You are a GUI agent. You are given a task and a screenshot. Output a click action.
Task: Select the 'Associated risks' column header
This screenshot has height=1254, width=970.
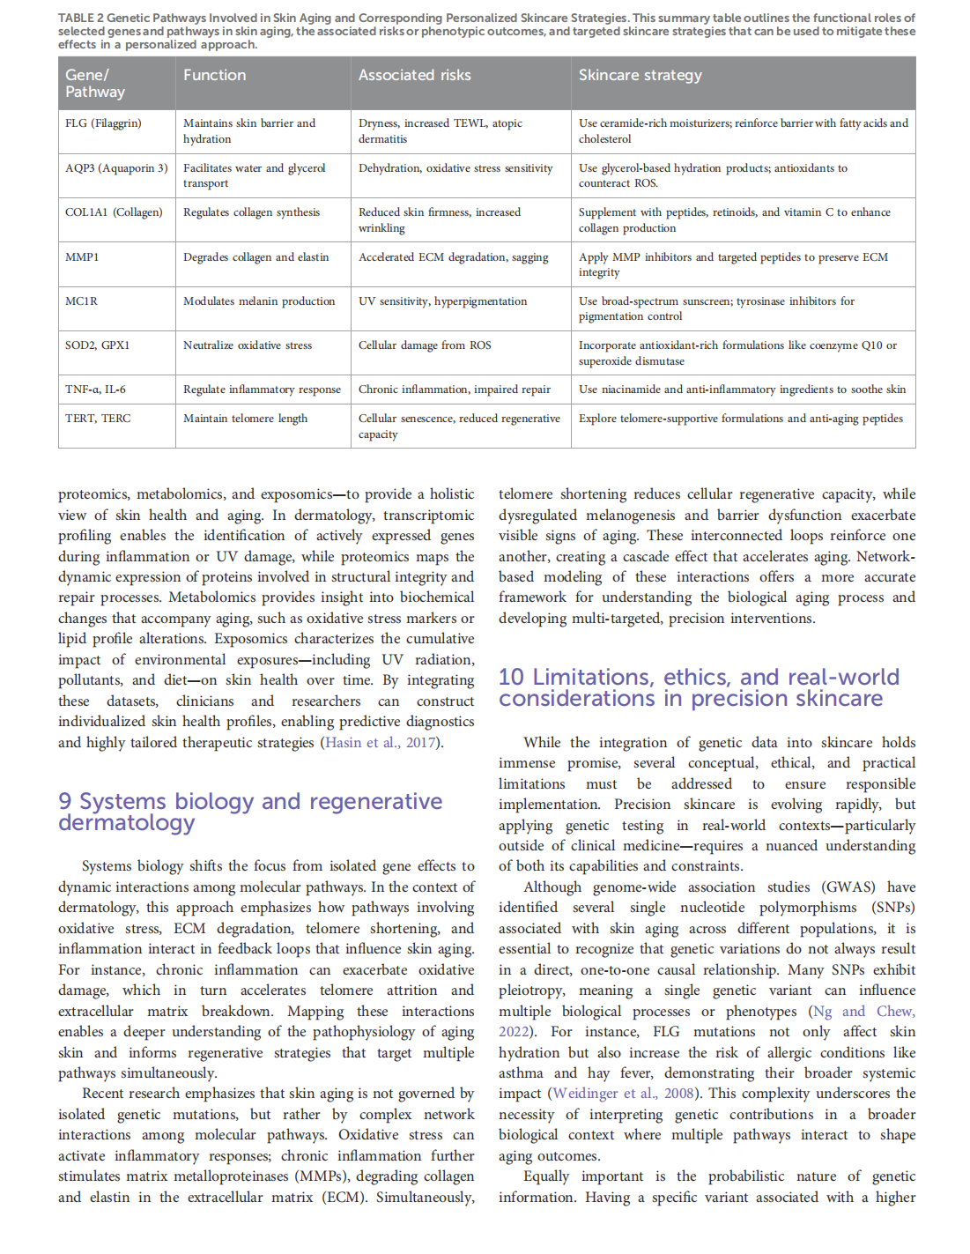pos(414,75)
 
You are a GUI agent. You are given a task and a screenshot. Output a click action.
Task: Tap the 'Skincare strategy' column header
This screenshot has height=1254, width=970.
pos(640,75)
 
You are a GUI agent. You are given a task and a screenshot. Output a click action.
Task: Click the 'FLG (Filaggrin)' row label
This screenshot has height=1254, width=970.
pos(103,123)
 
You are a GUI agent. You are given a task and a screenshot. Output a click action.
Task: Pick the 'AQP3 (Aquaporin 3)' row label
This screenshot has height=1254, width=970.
pos(116,168)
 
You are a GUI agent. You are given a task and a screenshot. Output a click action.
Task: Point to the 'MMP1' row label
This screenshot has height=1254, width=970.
pos(82,257)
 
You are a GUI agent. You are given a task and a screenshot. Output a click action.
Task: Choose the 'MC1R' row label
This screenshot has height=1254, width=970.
pos(81,301)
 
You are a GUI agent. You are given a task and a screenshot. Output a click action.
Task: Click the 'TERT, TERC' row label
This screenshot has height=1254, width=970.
pos(98,419)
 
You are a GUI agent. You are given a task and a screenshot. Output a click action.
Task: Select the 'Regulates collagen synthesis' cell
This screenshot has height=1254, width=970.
pos(251,212)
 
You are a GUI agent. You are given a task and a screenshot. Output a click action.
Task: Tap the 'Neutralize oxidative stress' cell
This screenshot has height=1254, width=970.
pos(247,345)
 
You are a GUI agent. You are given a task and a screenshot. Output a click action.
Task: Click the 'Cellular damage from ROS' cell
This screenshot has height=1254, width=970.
pos(425,345)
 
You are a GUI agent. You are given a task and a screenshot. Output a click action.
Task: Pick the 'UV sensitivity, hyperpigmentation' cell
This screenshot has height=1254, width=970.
pos(442,301)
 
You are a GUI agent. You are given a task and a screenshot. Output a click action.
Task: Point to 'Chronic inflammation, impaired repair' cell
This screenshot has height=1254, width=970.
pos(454,390)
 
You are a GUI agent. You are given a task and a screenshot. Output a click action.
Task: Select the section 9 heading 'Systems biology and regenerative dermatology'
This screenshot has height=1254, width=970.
pos(250,812)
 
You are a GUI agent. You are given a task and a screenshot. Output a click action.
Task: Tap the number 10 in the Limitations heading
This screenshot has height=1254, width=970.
pos(511,677)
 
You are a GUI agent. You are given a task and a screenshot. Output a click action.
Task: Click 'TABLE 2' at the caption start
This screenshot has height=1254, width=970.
pos(80,18)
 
